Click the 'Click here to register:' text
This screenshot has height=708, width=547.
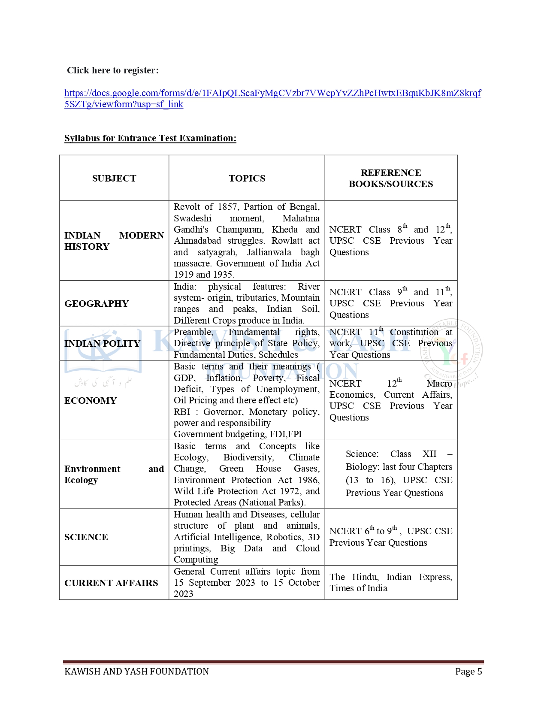(x=113, y=70)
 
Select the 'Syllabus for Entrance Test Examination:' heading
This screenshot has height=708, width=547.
(x=150, y=138)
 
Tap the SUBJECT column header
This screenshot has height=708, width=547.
(x=114, y=179)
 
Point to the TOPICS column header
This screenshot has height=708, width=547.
(x=247, y=179)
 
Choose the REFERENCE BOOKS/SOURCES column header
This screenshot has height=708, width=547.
(x=391, y=179)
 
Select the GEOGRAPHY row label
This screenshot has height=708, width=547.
(x=97, y=304)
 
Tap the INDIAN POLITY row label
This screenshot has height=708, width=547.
(x=102, y=344)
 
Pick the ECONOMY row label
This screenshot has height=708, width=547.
(x=91, y=401)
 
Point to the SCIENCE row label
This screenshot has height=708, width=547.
(x=86, y=537)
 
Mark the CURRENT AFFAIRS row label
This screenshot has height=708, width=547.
(x=111, y=583)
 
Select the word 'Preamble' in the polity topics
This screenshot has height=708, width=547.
(x=193, y=332)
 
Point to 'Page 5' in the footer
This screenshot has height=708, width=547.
(x=468, y=672)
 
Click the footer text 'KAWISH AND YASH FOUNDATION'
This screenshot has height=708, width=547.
(x=136, y=672)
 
